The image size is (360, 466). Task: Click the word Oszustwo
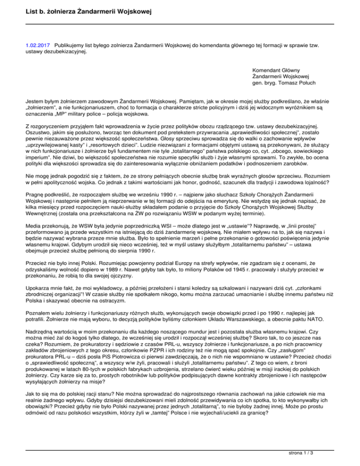pyautogui.click(x=39, y=133)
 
